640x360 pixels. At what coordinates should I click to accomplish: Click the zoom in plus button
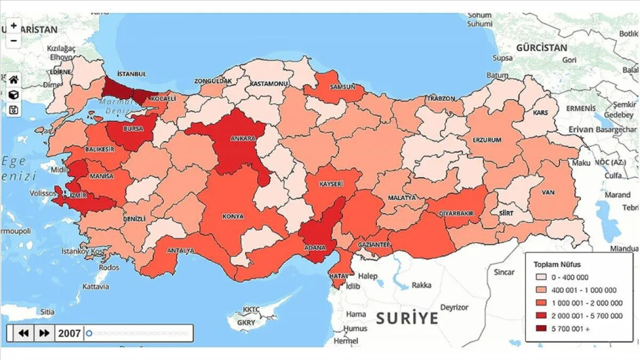point(14,25)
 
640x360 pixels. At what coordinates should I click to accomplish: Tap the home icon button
point(14,79)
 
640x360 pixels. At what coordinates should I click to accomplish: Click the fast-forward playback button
point(45,333)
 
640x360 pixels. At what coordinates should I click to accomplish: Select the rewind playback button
point(23,333)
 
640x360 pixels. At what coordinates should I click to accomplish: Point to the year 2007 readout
point(69,333)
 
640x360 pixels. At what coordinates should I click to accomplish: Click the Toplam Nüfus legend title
point(557,264)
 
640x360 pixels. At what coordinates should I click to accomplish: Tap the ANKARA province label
point(243,138)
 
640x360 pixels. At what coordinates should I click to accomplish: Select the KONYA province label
point(233,217)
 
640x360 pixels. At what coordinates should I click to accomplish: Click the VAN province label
point(548,192)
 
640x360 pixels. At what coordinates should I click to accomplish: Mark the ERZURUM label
point(486,140)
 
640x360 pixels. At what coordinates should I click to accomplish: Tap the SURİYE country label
point(407,319)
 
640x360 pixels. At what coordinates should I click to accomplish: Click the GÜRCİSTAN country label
point(541,48)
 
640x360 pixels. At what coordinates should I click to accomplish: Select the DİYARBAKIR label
point(456,213)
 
